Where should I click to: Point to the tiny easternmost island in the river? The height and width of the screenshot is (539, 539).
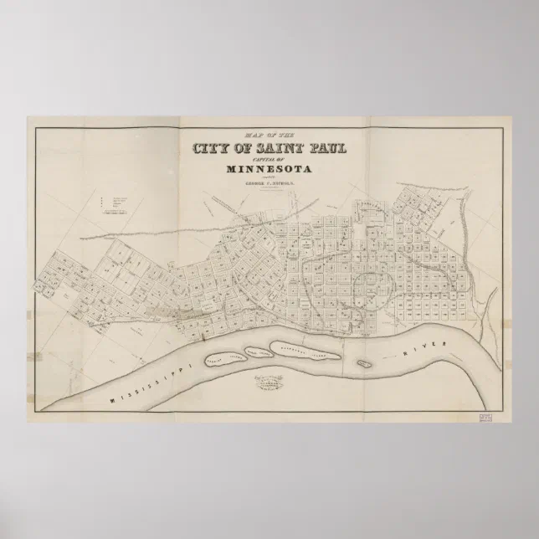[x=362, y=364]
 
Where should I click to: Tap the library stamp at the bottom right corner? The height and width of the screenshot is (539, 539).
[x=485, y=415]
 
